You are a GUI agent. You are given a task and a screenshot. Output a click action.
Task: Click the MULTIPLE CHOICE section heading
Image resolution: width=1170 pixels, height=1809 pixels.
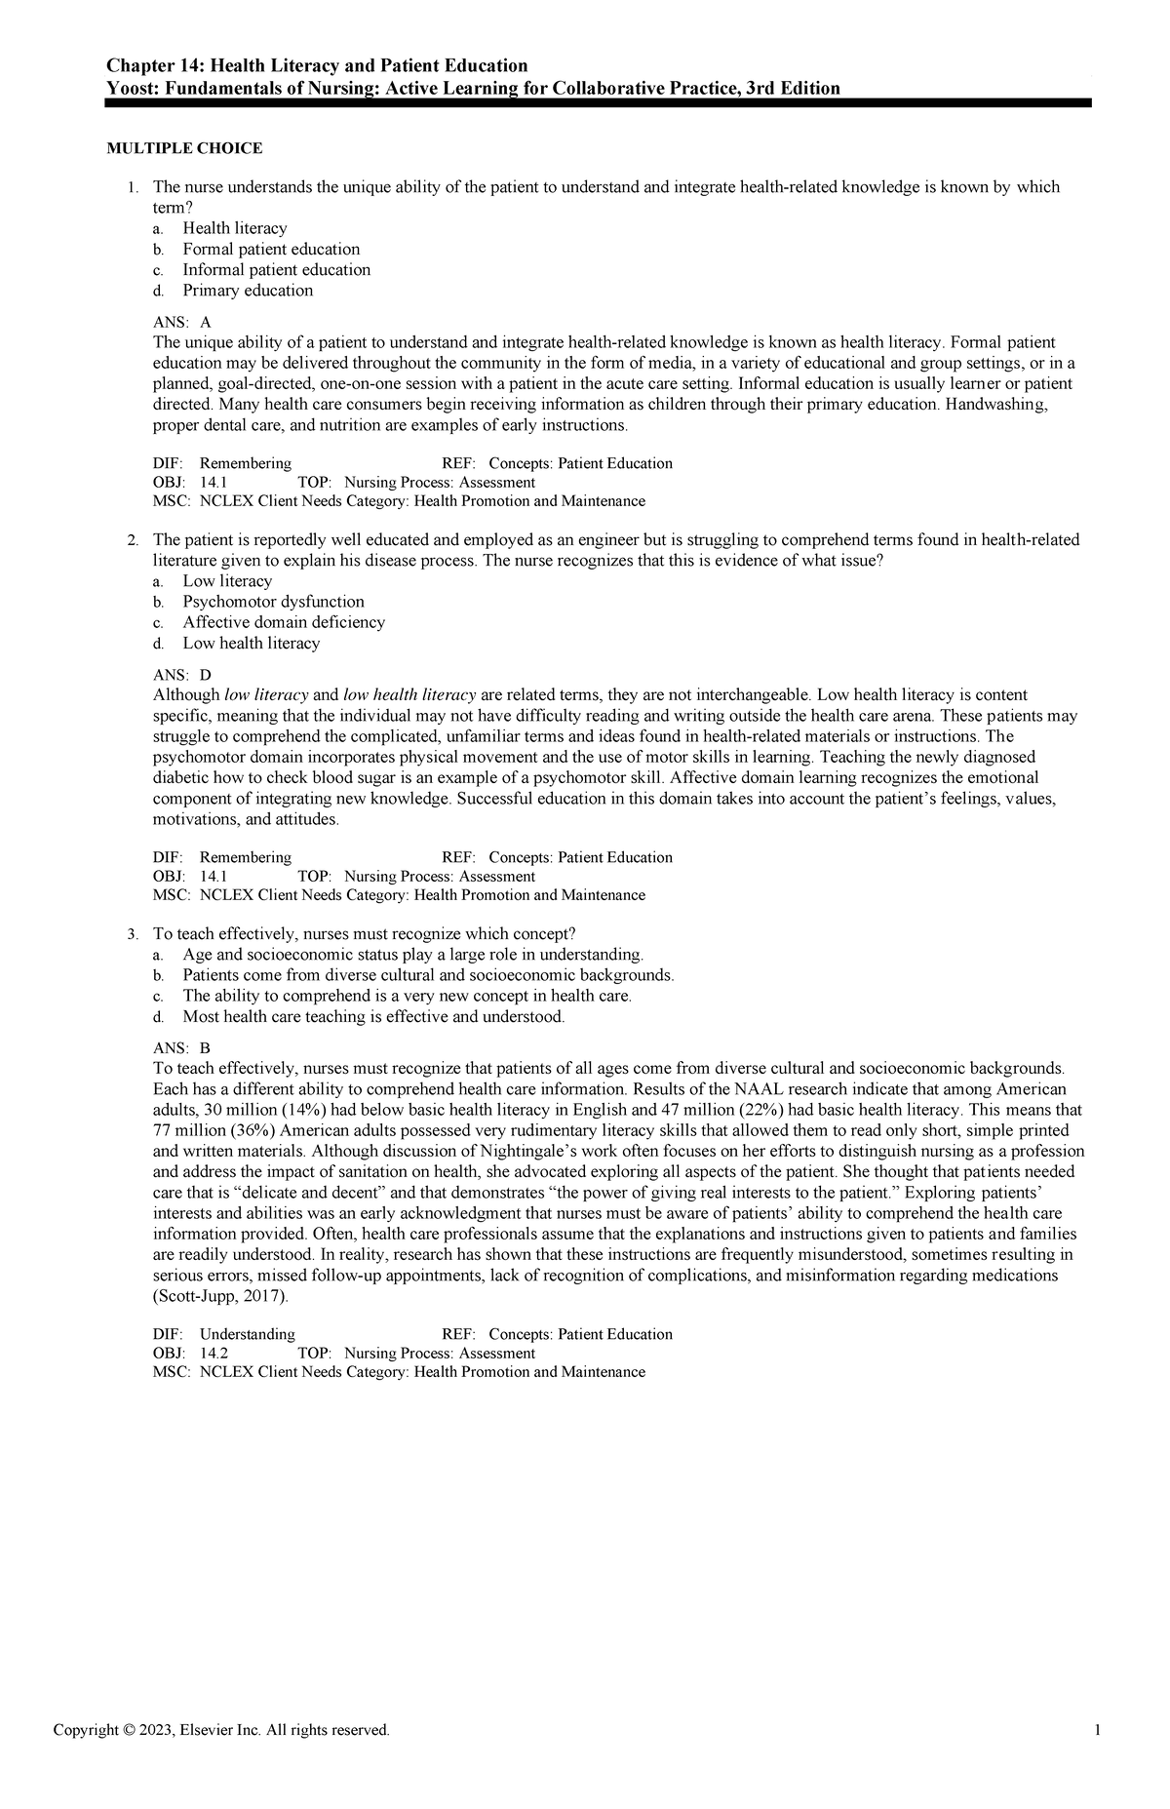[x=184, y=148]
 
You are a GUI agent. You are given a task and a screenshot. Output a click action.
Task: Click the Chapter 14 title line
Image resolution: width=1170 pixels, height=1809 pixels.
[x=317, y=65]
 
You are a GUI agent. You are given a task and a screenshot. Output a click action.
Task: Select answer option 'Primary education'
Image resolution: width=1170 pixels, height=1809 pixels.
[x=248, y=291]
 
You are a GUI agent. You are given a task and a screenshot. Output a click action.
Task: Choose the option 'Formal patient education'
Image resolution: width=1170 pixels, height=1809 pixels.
[x=271, y=249]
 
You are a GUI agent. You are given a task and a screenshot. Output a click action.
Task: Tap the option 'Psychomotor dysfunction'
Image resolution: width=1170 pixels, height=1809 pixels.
[x=273, y=602]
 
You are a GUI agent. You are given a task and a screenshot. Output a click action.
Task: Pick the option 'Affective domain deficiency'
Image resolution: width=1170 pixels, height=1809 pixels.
[x=283, y=622]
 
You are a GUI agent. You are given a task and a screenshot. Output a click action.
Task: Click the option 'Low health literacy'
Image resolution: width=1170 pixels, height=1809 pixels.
[x=251, y=644]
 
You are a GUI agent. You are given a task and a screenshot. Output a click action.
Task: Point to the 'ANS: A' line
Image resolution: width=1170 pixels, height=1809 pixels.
[x=182, y=322]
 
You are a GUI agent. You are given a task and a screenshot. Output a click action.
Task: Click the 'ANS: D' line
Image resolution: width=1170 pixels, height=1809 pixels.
[x=182, y=675]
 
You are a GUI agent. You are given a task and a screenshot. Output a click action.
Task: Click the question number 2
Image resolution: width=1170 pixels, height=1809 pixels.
[x=133, y=540]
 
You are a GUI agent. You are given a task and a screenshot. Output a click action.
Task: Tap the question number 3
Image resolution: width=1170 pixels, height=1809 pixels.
[x=133, y=934]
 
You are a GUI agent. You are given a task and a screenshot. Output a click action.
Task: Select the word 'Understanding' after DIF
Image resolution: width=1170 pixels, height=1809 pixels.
[x=247, y=1334]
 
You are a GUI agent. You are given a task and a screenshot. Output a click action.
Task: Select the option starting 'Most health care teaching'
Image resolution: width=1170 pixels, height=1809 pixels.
[x=373, y=1017]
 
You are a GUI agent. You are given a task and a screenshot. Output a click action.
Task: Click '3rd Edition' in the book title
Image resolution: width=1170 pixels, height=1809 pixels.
[x=792, y=89]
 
